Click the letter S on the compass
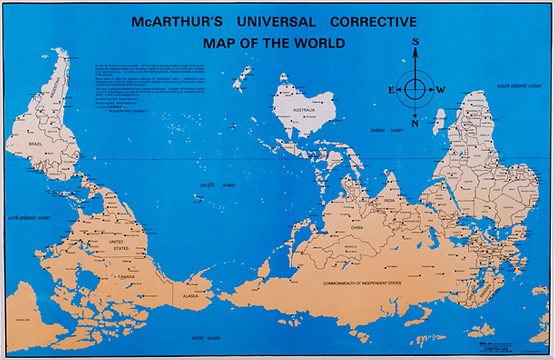click(x=415, y=41)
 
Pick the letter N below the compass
click(x=415, y=123)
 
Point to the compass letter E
click(x=391, y=90)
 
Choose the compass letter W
click(x=440, y=90)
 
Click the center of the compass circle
click(x=415, y=89)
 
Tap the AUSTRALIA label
click(x=303, y=111)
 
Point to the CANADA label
click(x=126, y=277)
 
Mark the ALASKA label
click(x=190, y=296)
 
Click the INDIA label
click(x=390, y=201)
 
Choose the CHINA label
click(x=357, y=228)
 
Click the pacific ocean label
click(x=217, y=185)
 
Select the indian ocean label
click(x=386, y=130)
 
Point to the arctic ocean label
click(x=205, y=338)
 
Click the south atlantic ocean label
click(x=519, y=86)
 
